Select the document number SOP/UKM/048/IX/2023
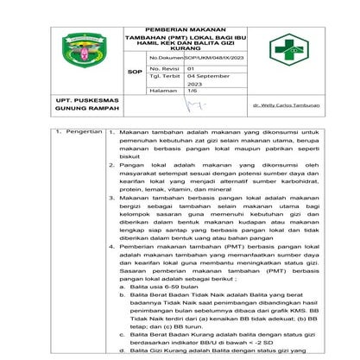click(204, 56)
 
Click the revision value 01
click(191, 67)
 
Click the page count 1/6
click(192, 90)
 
